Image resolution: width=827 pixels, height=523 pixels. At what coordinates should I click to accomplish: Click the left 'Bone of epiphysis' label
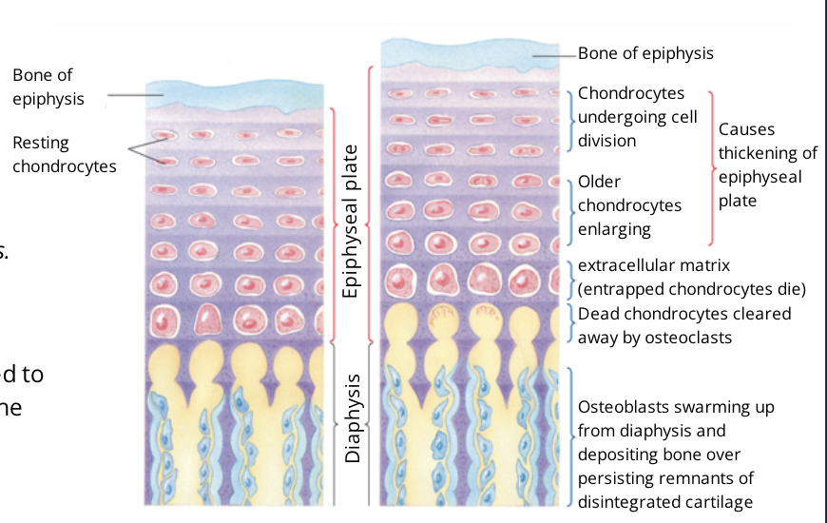48,87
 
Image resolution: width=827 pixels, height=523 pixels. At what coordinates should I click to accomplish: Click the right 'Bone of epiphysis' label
645,53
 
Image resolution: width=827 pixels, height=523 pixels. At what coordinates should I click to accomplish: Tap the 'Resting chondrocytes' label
64,154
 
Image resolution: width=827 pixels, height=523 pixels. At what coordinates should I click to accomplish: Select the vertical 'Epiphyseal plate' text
351,222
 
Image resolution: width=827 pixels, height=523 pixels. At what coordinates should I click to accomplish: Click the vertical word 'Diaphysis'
353,418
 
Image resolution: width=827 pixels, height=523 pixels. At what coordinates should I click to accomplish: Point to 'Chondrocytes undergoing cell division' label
637,117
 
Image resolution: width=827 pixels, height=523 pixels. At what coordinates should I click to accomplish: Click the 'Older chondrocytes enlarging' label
629,204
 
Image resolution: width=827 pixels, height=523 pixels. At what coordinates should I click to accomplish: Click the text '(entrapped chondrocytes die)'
692,288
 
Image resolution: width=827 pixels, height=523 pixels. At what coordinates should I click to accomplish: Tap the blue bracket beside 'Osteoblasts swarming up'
569,437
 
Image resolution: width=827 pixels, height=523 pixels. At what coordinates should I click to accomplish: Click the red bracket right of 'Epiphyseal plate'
335,224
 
